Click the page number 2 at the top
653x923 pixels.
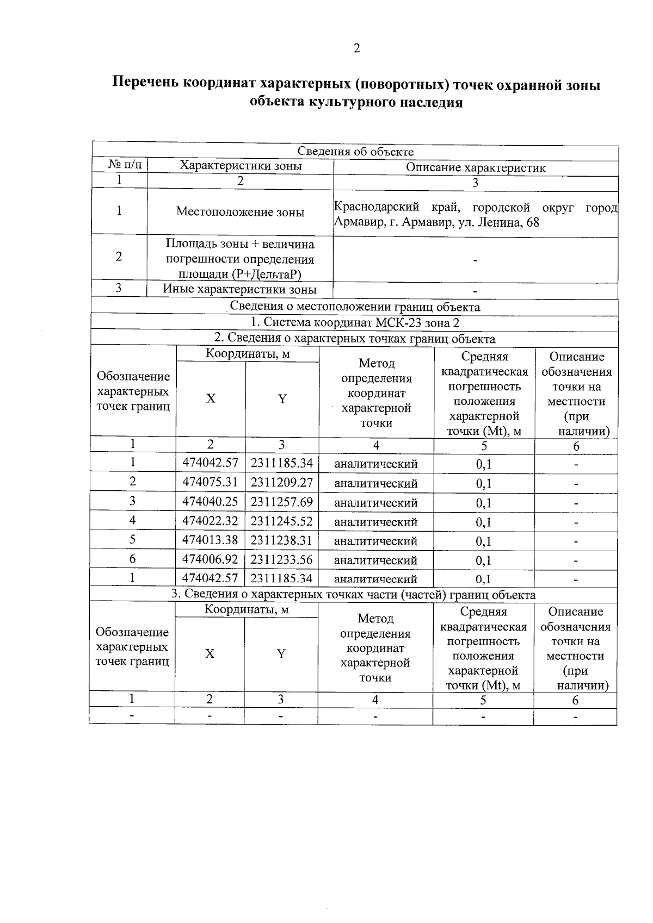point(356,49)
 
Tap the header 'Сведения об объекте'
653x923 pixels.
point(355,152)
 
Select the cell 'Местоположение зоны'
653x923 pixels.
point(240,212)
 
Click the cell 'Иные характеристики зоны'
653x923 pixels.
point(240,289)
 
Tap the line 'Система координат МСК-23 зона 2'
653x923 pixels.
point(355,323)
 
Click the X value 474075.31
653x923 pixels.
point(210,482)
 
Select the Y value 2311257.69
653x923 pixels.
point(281,502)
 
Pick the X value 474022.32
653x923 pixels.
point(210,521)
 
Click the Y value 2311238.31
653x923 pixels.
point(281,540)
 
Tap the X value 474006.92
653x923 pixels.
point(210,559)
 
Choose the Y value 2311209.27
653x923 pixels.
point(281,482)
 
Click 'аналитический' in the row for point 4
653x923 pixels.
point(375,522)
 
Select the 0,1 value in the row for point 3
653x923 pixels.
point(483,503)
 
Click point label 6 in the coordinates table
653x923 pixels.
point(132,559)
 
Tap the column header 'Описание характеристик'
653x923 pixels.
point(475,167)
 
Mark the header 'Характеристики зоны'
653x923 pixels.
point(241,166)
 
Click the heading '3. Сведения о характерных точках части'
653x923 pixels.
point(354,594)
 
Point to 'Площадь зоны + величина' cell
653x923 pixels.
point(240,245)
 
